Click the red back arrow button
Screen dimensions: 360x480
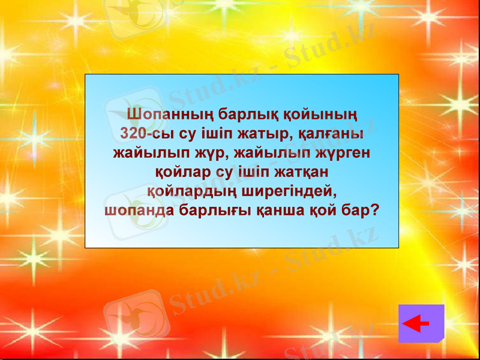(x=421, y=323)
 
